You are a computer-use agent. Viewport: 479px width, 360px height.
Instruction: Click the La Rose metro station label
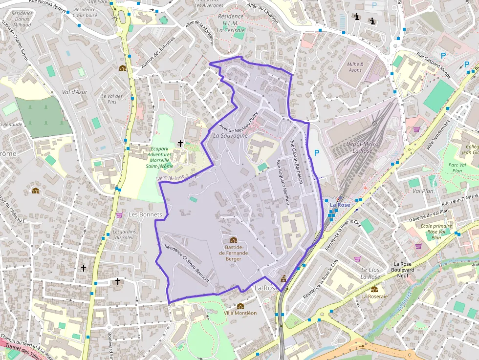(x=340, y=205)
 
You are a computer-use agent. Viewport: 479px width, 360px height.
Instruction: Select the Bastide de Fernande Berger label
(x=233, y=253)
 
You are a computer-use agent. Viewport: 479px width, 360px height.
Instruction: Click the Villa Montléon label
(x=240, y=313)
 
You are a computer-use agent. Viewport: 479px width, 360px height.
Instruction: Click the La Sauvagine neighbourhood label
(x=230, y=135)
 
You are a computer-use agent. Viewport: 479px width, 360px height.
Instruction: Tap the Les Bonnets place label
(x=145, y=214)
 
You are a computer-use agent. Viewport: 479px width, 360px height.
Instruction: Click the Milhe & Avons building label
(x=355, y=67)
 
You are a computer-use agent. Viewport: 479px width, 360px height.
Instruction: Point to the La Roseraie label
(x=374, y=296)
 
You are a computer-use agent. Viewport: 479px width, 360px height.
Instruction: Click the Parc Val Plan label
(x=457, y=168)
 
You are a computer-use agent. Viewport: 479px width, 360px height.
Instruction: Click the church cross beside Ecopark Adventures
(x=180, y=144)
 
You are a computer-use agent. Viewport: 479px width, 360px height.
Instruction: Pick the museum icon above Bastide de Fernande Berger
(x=233, y=240)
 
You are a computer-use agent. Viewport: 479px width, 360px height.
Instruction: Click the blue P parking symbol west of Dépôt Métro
(x=316, y=153)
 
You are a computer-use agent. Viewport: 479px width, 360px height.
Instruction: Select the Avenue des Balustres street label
(x=157, y=53)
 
